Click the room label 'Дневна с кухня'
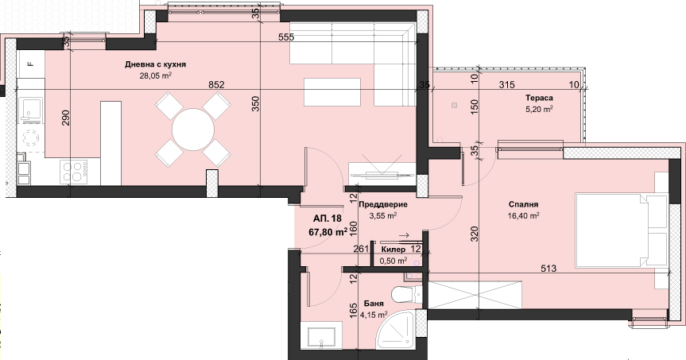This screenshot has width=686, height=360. point(155,64)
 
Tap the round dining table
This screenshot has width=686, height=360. point(193,130)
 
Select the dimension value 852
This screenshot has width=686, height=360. point(216,85)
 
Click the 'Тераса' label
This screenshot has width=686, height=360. point(539,98)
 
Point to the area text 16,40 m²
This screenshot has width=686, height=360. point(523,215)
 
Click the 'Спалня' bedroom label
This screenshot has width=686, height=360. point(523,204)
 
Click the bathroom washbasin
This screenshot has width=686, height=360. point(322,336)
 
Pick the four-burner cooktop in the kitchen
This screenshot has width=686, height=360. point(73,171)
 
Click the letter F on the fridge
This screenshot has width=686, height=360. point(31,64)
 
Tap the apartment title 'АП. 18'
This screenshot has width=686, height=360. point(327,219)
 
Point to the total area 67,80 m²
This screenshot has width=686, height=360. point(328,231)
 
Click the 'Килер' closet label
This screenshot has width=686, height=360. point(393,250)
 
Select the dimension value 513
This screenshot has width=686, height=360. point(548,268)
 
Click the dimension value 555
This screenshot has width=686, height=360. point(286,37)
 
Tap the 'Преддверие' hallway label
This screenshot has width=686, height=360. point(383,204)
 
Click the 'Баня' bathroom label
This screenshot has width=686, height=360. point(374,303)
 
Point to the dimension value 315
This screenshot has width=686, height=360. point(506,85)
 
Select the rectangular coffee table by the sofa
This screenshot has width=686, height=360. point(332,92)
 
